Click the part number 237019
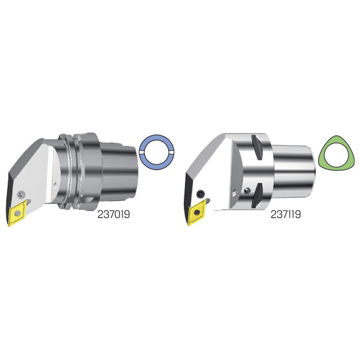[x=113, y=214]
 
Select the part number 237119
[x=286, y=214]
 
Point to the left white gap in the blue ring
[x=142, y=153]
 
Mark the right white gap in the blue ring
[x=172, y=153]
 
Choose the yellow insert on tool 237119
[x=196, y=212]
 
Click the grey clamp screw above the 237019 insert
[x=21, y=194]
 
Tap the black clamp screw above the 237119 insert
[x=200, y=194]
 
